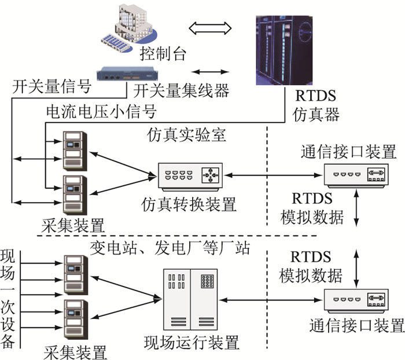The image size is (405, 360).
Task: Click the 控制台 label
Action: pos(163,53)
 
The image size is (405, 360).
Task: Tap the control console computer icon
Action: pos(129,27)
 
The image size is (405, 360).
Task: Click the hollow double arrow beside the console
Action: pos(210,28)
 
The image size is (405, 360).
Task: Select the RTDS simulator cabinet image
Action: pos(284,50)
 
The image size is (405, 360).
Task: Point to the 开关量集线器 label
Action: pos(181,91)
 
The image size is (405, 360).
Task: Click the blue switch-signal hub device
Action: pos(127,74)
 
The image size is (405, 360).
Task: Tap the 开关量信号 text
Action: pos(52,86)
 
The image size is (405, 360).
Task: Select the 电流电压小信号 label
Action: pos(101,112)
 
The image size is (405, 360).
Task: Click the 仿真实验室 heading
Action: pos(186,135)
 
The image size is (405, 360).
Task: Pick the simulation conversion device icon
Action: pos(190,177)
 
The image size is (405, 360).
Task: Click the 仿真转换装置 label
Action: pos(189,204)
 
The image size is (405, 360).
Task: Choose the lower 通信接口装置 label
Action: pos(357,325)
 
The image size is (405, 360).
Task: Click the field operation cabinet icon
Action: pos(190,300)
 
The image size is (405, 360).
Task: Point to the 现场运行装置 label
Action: pos(192,343)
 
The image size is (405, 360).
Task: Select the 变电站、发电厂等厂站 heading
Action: pos(170,248)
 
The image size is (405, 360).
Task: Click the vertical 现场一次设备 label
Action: pos(7,299)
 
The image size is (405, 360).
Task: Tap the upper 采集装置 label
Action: pos(73,225)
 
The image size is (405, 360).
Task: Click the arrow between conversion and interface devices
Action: pos(274,175)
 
